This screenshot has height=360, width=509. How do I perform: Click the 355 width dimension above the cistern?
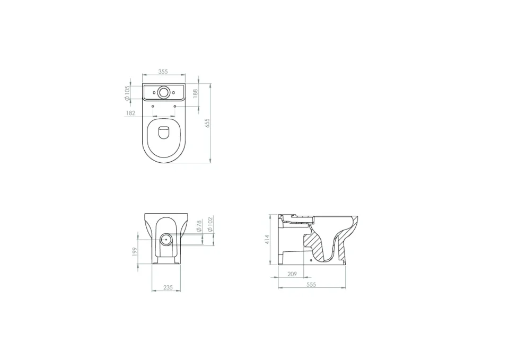[163, 71]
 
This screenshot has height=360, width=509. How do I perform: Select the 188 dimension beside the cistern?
[195, 93]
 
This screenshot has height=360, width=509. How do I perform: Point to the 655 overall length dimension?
[208, 122]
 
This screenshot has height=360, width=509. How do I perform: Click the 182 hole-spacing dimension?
[130, 113]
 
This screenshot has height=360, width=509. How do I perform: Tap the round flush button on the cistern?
[164, 92]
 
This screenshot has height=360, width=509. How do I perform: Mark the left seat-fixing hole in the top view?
[153, 106]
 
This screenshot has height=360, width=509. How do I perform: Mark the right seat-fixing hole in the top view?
[175, 106]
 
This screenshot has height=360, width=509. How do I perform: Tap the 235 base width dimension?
[168, 287]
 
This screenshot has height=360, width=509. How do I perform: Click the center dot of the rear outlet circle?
[166, 239]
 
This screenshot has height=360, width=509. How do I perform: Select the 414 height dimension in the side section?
[267, 239]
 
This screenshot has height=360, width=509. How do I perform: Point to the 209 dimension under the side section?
[292, 274]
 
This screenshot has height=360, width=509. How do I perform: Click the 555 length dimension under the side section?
[311, 285]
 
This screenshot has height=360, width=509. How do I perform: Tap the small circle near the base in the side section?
[311, 260]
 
